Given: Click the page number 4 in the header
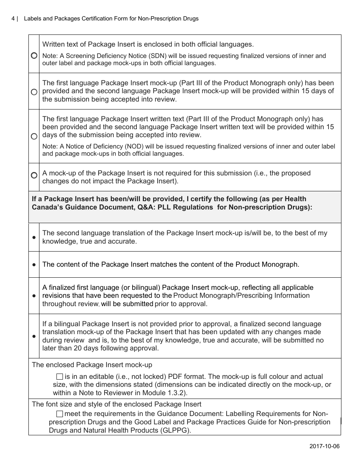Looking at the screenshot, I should pos(13,19).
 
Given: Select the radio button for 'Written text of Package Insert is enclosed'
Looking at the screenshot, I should pos(34,56).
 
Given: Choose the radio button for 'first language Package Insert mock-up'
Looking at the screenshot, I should pos(34,92).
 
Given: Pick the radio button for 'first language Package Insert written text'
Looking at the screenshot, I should pos(34,136).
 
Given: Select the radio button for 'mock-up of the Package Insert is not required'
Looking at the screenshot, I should pos(34,175).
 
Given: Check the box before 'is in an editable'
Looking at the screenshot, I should pos(59,377).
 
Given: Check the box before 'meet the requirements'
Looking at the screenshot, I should pos(59,414).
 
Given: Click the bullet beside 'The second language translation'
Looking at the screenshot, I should pos(34,237).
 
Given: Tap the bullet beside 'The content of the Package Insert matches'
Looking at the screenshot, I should pos(34,264).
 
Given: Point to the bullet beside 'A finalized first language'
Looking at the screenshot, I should pos(34,296).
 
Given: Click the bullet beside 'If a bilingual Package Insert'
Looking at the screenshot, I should pos(34,336).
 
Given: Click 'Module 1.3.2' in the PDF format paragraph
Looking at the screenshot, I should pos(166,393).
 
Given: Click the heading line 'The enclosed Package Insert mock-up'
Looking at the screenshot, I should pos(92,365).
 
